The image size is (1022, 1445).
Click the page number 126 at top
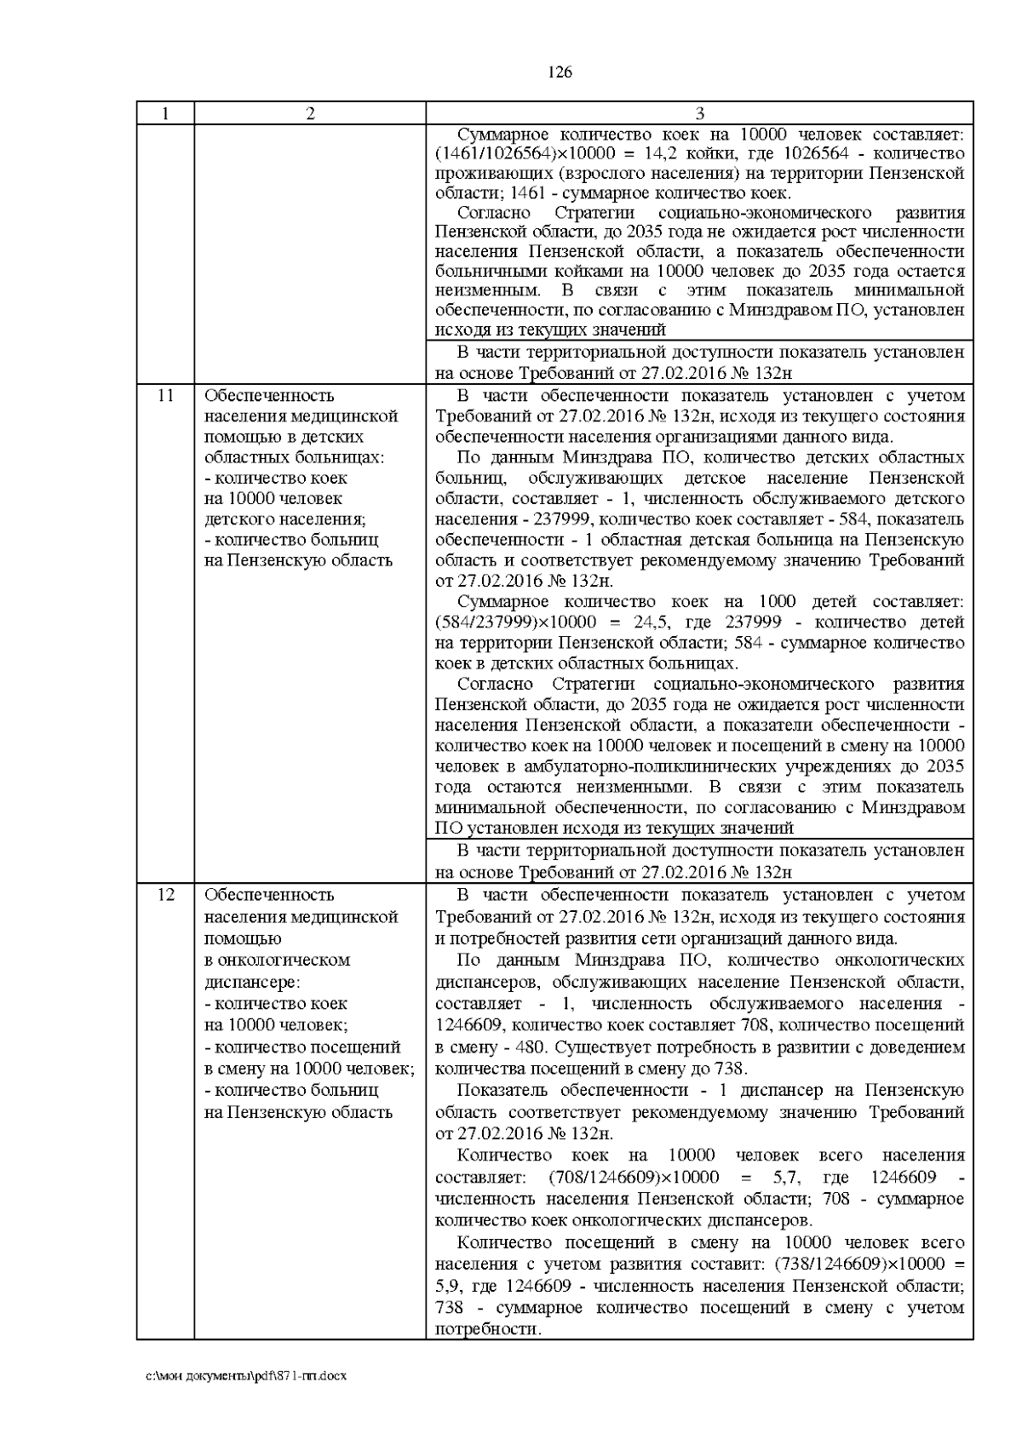click(x=559, y=72)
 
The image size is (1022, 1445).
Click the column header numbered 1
click(x=165, y=113)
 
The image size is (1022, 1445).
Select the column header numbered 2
click(x=310, y=113)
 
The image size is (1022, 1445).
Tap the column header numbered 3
click(x=699, y=113)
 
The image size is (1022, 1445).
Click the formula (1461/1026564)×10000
click(x=515, y=154)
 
